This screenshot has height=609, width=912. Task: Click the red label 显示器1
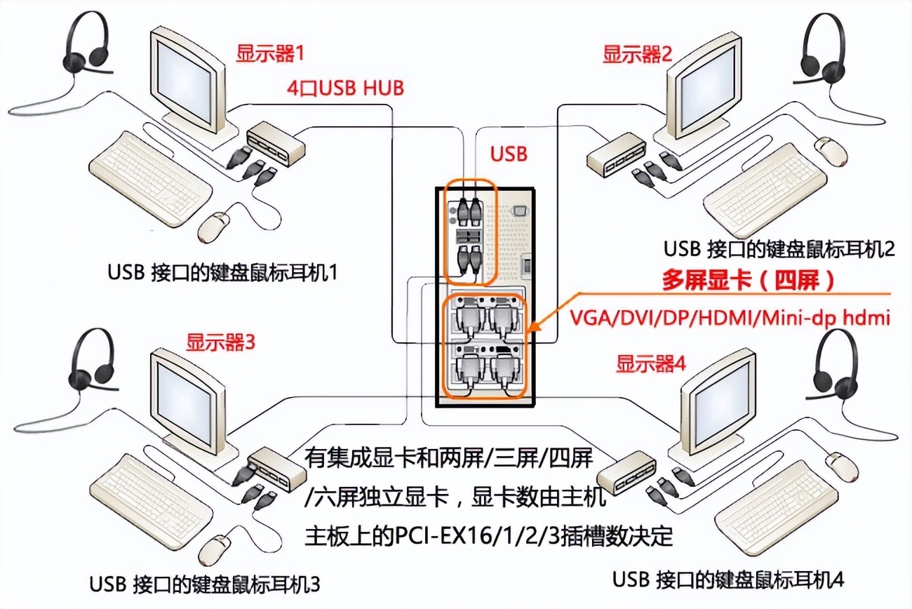(271, 53)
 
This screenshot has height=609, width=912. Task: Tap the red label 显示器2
(638, 53)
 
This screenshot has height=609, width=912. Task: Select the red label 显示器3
(220, 343)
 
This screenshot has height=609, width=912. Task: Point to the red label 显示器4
(650, 364)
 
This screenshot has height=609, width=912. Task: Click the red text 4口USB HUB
(346, 88)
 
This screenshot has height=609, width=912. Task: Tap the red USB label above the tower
(509, 154)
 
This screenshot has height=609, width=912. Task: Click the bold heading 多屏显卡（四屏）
(749, 281)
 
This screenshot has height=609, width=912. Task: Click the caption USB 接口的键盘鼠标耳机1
(223, 272)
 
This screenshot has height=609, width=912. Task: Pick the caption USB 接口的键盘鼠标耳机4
(728, 580)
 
